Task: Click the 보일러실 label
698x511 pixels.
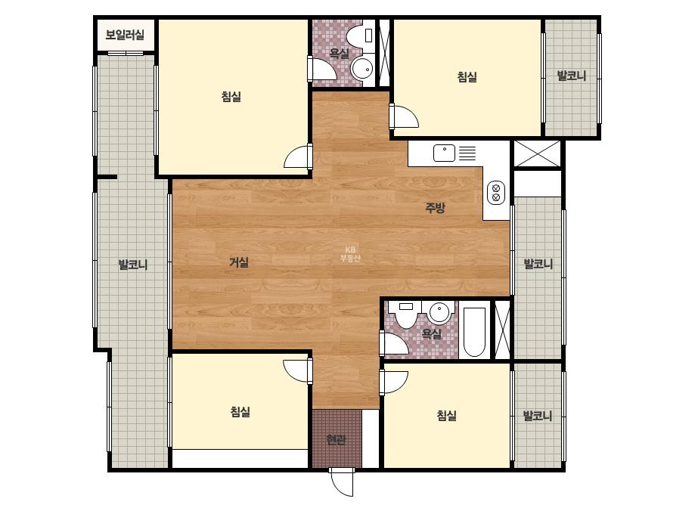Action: (x=125, y=35)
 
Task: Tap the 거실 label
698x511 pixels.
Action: (x=239, y=262)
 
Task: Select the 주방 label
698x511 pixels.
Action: (x=435, y=207)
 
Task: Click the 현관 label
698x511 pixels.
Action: (x=336, y=440)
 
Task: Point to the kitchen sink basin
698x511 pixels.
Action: (x=444, y=153)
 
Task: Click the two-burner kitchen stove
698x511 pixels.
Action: (x=496, y=193)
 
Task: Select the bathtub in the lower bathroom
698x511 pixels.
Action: (x=474, y=332)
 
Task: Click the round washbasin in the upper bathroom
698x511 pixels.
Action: (x=363, y=69)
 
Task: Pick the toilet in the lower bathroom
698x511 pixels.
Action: (x=406, y=314)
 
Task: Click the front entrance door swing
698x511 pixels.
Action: (x=343, y=482)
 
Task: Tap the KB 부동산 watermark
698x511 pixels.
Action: (x=350, y=254)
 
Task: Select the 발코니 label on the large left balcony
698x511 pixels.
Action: (x=132, y=265)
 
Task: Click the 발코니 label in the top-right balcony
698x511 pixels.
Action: (x=572, y=76)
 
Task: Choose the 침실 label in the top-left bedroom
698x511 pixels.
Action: (x=231, y=96)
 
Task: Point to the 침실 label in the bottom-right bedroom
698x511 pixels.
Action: (x=446, y=416)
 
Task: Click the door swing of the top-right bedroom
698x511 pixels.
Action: (x=404, y=116)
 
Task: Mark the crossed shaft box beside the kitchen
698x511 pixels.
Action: (x=537, y=153)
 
